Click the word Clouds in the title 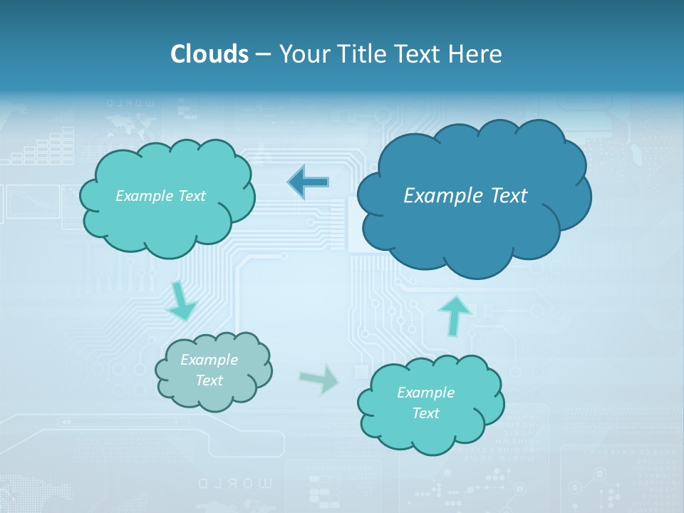click(209, 54)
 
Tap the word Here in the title click(478, 54)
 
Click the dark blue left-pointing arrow click(308, 182)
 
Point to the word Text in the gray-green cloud click(209, 380)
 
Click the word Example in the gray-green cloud click(209, 360)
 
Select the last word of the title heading click(478, 54)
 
